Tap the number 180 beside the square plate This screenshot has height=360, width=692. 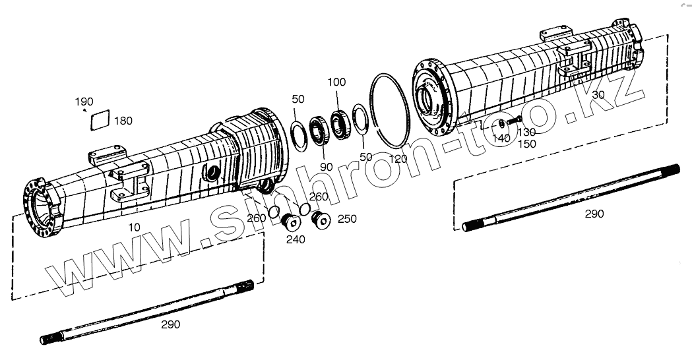(123, 121)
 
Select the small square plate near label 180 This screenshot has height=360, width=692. (99, 119)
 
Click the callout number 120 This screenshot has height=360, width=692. (398, 159)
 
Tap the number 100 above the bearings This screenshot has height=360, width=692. (336, 82)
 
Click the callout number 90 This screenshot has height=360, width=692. (327, 167)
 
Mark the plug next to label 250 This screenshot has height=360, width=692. (322, 221)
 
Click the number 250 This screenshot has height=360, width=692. (347, 219)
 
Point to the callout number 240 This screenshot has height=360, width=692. (296, 239)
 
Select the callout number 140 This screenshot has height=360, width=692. (501, 138)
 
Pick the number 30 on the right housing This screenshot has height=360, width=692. (598, 95)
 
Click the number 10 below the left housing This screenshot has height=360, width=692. (134, 227)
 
